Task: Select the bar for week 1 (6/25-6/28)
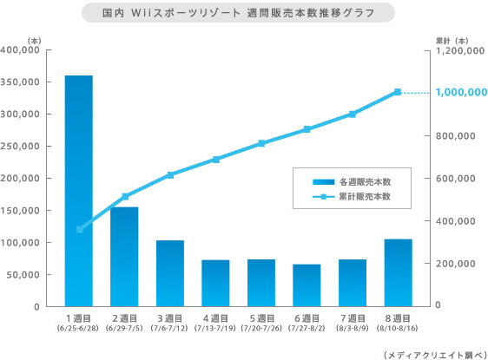pyautogui.click(x=79, y=191)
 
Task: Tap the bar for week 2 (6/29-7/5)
pyautogui.click(x=124, y=256)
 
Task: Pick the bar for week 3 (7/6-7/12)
pyautogui.click(x=169, y=272)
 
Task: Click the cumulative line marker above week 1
pyautogui.click(x=79, y=230)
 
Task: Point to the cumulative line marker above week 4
pyautogui.click(x=215, y=160)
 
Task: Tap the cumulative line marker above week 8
pyautogui.click(x=398, y=92)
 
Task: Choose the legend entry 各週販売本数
pyautogui.click(x=365, y=181)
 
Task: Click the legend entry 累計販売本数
pyautogui.click(x=365, y=197)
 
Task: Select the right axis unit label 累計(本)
pyautogui.click(x=452, y=40)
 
